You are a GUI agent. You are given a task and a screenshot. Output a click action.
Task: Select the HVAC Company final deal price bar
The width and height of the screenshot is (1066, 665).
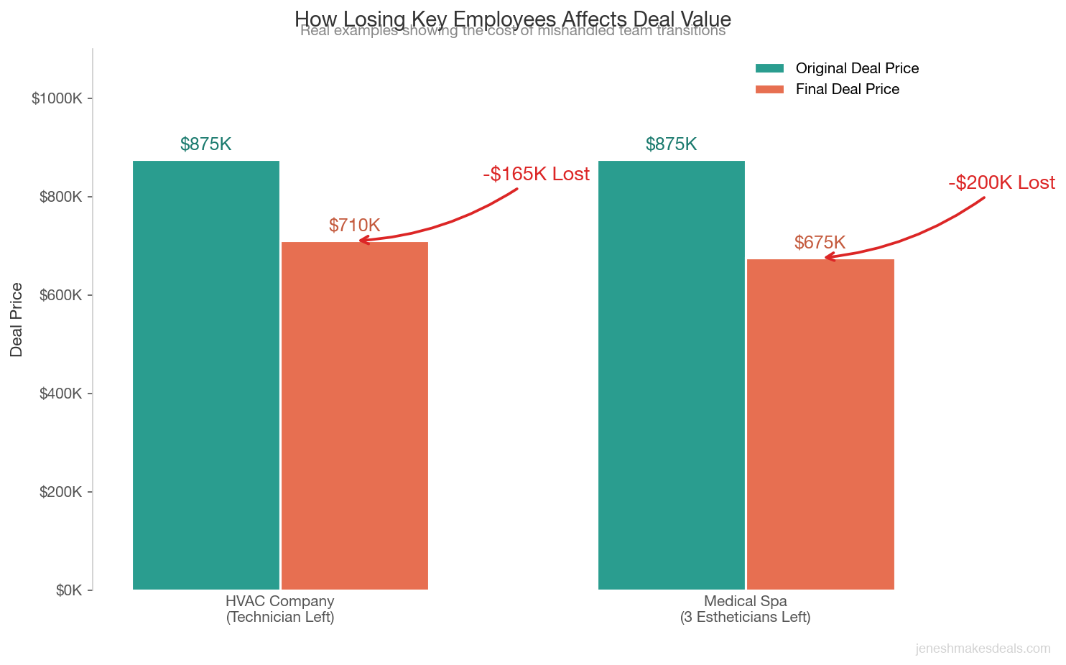pos(355,416)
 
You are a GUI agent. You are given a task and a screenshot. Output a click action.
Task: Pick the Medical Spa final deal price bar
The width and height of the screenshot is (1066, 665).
pos(820,424)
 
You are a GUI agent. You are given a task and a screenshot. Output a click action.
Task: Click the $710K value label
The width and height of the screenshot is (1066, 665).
pos(354,225)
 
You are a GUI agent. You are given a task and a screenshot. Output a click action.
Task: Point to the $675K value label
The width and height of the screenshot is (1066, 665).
pos(820,243)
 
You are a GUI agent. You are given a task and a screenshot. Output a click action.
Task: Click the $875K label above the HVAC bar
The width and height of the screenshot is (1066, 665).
pos(205,144)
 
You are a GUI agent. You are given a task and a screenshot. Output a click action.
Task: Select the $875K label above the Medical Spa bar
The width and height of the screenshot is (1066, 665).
pos(671,144)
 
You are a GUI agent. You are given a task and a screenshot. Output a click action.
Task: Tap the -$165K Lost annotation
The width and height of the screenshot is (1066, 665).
pos(536,175)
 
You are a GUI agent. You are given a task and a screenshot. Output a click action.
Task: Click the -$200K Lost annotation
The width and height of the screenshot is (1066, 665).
pos(1001,183)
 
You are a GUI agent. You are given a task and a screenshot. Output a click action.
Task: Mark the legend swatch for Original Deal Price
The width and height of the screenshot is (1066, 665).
pos(769,68)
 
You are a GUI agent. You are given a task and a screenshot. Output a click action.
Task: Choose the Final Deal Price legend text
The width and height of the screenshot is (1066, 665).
pos(847,89)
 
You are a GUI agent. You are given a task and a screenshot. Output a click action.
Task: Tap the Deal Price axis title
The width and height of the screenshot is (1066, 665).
pos(17,320)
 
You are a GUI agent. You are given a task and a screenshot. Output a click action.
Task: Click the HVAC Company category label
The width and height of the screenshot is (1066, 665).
pos(280,609)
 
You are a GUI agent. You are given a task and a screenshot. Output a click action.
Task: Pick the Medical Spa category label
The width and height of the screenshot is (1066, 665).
pos(745,609)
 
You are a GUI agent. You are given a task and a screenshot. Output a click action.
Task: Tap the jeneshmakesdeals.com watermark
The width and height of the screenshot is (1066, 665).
pos(983,648)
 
